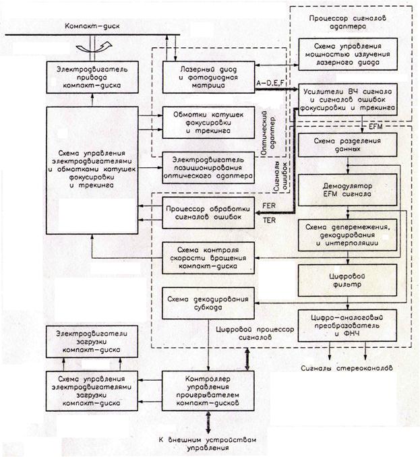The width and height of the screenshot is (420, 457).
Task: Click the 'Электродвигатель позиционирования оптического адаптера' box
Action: coord(206,166)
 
